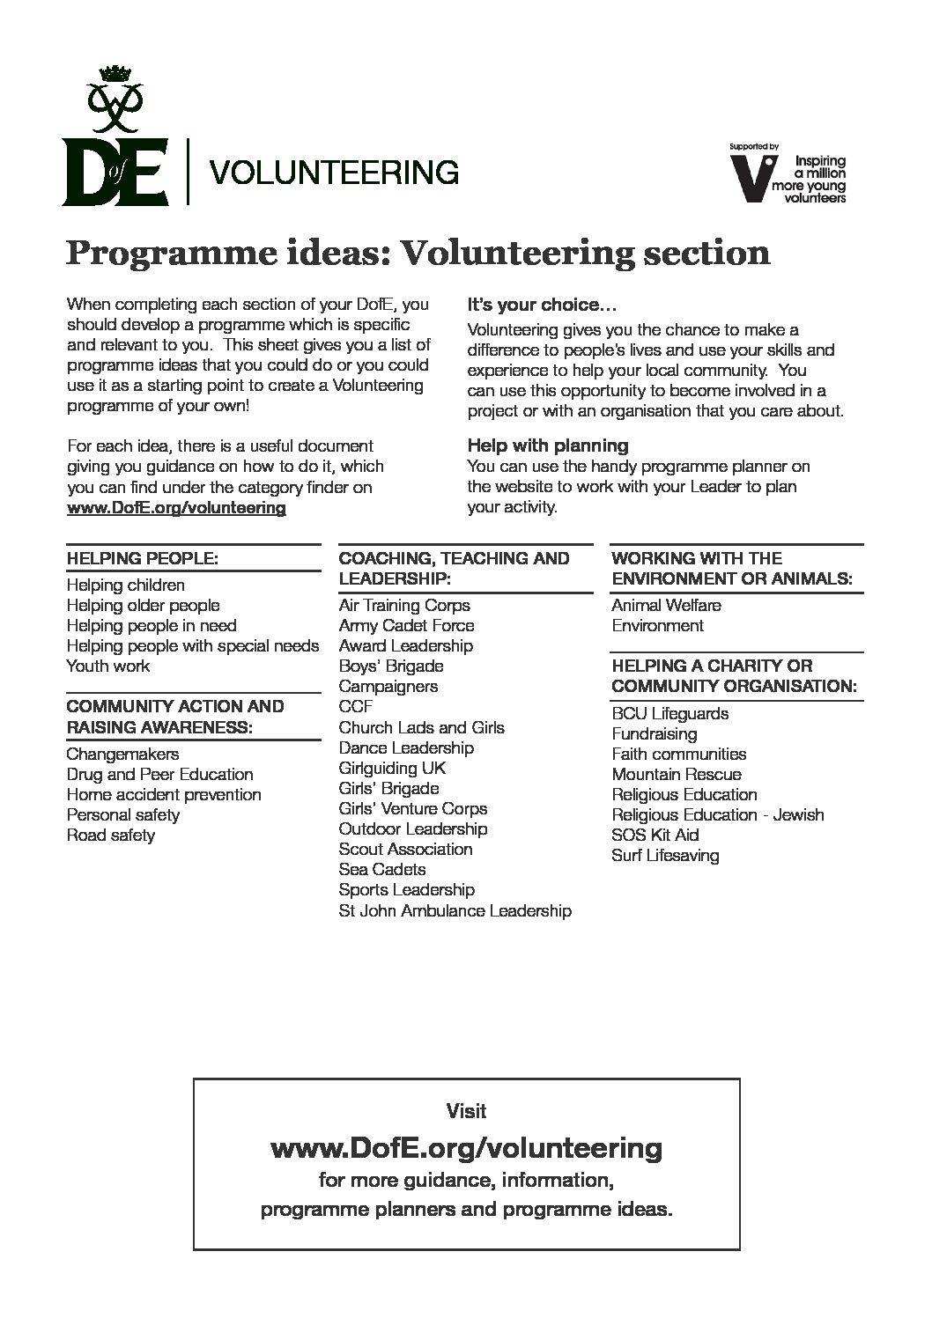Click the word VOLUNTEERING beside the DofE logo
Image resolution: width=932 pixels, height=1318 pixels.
pyautogui.click(x=331, y=172)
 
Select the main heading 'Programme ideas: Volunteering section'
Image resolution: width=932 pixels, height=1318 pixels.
pyautogui.click(x=418, y=254)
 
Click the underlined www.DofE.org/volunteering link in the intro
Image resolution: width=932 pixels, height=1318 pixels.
pyautogui.click(x=176, y=508)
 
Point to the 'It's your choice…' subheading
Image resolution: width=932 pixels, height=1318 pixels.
pyautogui.click(x=542, y=306)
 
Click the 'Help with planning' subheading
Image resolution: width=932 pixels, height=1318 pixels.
pyautogui.click(x=547, y=445)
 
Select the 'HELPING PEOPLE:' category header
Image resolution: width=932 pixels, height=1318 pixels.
pyautogui.click(x=142, y=558)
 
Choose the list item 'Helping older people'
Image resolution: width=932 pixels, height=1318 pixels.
pyautogui.click(x=143, y=606)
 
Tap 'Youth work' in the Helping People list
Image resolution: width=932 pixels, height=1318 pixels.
pyautogui.click(x=107, y=666)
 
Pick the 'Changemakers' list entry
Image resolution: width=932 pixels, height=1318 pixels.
pyautogui.click(x=122, y=755)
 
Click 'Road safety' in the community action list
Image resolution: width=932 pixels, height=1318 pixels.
pyautogui.click(x=110, y=836)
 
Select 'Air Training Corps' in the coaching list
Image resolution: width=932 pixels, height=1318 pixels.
pyautogui.click(x=403, y=606)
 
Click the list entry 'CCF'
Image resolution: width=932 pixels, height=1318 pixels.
pyautogui.click(x=355, y=707)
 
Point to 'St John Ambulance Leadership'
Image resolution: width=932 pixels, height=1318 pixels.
pyautogui.click(x=455, y=911)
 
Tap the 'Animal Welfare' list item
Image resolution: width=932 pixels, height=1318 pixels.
pyautogui.click(x=665, y=606)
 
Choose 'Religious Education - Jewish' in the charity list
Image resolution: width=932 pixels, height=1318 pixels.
pyautogui.click(x=717, y=815)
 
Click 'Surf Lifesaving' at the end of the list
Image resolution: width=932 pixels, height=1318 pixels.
pyautogui.click(x=664, y=856)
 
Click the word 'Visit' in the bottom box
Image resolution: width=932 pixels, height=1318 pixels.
pyautogui.click(x=466, y=1111)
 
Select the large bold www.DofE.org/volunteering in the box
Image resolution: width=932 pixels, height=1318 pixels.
pyautogui.click(x=466, y=1148)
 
